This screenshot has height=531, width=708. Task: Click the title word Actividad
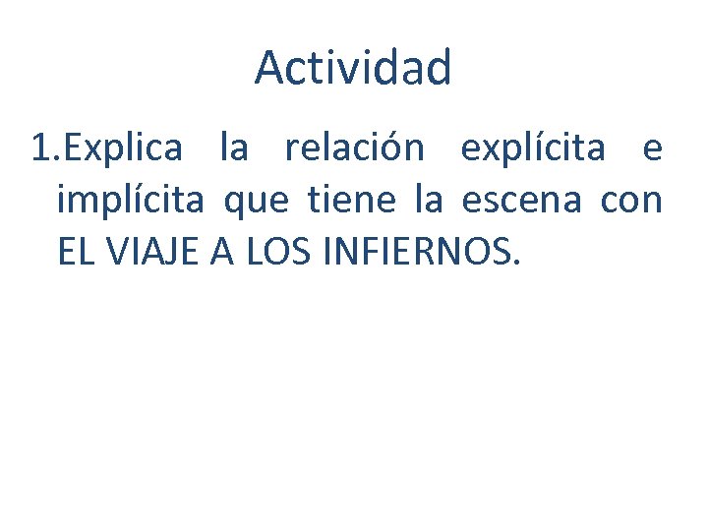[x=353, y=68]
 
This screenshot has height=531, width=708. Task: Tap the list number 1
[x=39, y=149]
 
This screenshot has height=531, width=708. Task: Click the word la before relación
[x=234, y=149]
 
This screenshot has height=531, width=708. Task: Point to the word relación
[x=355, y=149]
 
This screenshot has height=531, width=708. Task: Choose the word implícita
[x=131, y=203]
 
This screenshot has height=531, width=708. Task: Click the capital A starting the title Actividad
[x=268, y=68]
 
